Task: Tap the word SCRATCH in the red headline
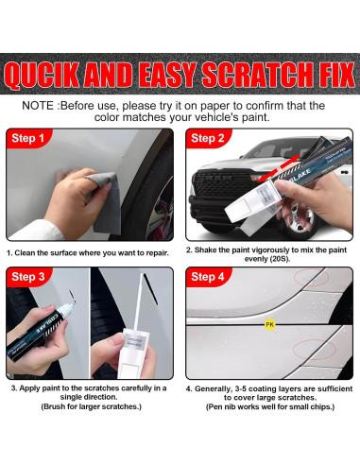pyautogui.click(x=251, y=75)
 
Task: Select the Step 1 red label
pyautogui.click(x=27, y=138)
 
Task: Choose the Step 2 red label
pyautogui.click(x=208, y=138)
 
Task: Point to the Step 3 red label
pyautogui.click(x=28, y=277)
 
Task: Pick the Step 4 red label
pyautogui.click(x=208, y=277)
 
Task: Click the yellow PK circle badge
pyautogui.click(x=269, y=324)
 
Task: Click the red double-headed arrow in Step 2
pyautogui.click(x=278, y=168)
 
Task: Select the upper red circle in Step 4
pyautogui.click(x=311, y=277)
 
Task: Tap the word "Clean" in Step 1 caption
pyautogui.click(x=25, y=253)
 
